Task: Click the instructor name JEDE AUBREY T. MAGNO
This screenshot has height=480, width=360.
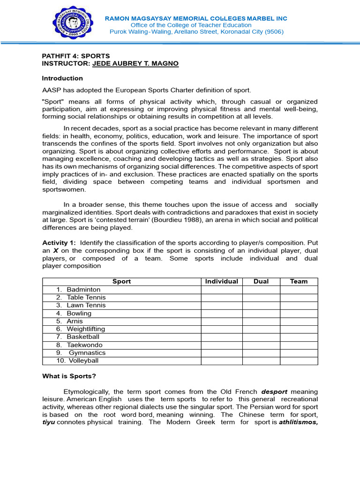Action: point(135,63)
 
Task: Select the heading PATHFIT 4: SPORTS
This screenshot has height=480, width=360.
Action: point(76,56)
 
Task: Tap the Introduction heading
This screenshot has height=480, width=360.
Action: point(62,78)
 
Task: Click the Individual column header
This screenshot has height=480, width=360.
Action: point(222,282)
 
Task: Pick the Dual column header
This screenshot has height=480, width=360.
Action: point(261,282)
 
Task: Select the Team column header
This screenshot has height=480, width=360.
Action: point(299,282)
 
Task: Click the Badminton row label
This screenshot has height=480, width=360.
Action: point(83,290)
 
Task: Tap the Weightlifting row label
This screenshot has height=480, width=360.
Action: point(86,329)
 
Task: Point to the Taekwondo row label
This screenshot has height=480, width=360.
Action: point(85,345)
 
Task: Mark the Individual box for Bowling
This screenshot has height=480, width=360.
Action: point(222,313)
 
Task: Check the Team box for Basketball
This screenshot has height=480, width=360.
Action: point(299,337)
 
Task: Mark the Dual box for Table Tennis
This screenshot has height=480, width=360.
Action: point(261,298)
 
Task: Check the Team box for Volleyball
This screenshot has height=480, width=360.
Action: point(299,361)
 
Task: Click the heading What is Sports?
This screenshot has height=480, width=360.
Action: point(69,376)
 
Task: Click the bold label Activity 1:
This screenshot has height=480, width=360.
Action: point(60,243)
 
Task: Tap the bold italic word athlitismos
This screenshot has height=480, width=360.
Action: point(295,422)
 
